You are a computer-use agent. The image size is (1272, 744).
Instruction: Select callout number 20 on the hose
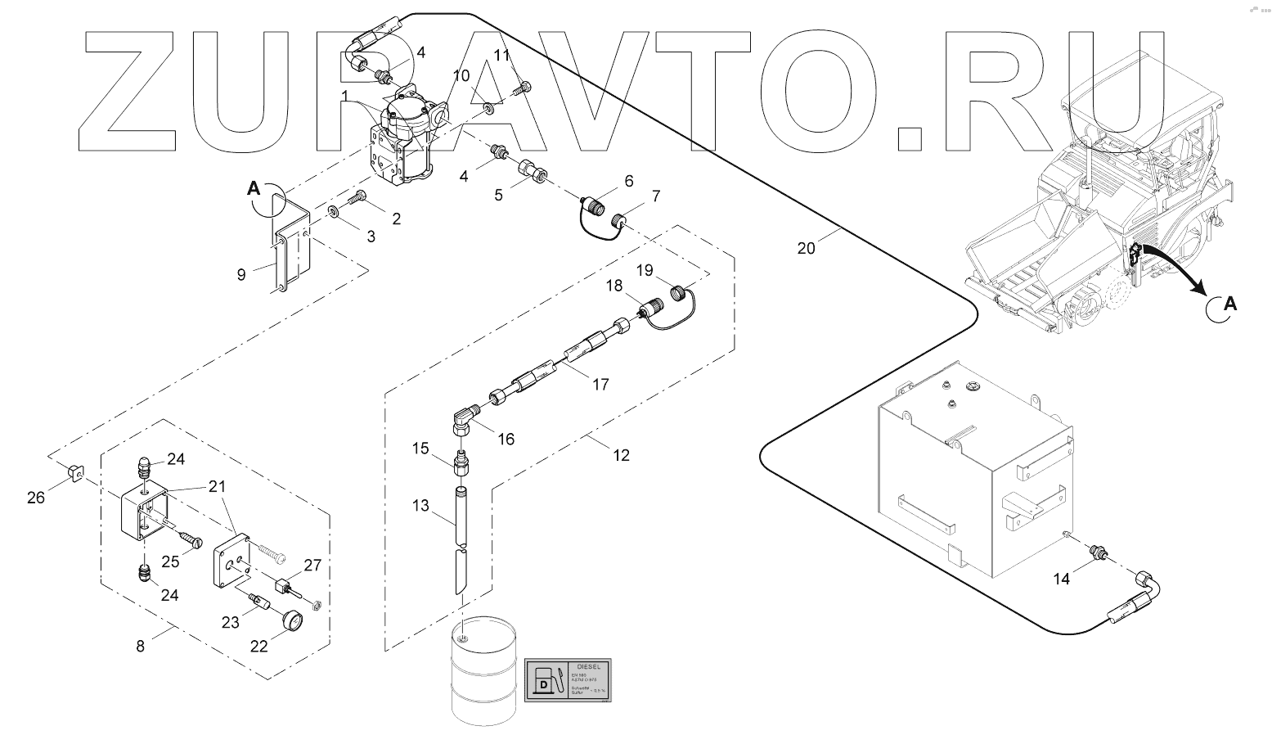pos(806,247)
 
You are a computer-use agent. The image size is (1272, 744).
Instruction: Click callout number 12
pos(621,455)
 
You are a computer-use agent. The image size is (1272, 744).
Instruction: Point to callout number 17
pos(600,384)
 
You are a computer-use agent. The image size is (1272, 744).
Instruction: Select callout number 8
pos(141,646)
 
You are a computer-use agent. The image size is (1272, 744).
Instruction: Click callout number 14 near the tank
pos(1061,579)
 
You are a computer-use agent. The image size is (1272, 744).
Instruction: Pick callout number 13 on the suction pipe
pos(420,506)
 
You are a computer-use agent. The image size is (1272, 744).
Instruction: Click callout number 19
pos(645,269)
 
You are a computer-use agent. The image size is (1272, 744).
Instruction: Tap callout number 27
pos(312,565)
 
